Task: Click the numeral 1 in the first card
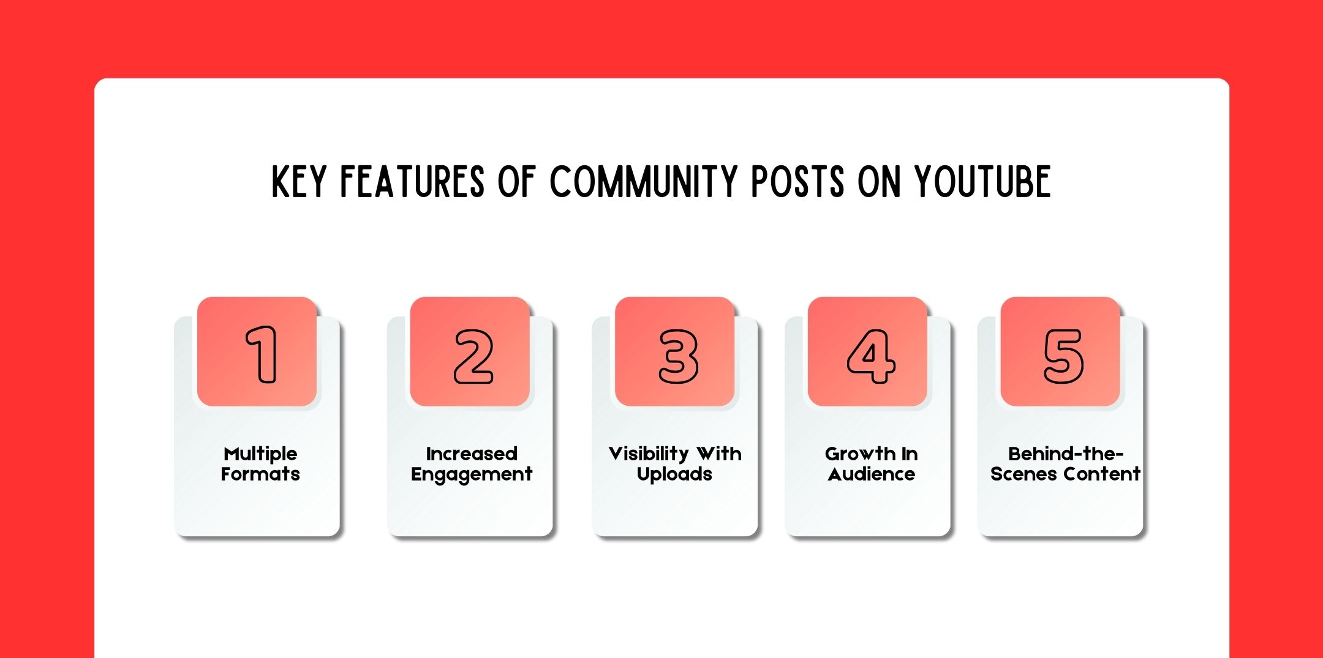[262, 354]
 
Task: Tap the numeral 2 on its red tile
[473, 356]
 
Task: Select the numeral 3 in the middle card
[678, 356]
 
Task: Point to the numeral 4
[871, 356]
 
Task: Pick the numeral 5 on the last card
[1064, 356]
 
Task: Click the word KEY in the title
[298, 182]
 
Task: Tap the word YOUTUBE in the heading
[983, 182]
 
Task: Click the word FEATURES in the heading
[412, 182]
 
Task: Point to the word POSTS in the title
[798, 182]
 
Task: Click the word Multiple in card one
[260, 454]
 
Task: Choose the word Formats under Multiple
[260, 474]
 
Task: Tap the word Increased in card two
[472, 454]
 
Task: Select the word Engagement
[472, 475]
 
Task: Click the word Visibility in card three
[649, 454]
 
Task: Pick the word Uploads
[674, 474]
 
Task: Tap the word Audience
[872, 474]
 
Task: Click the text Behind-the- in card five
[1066, 454]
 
